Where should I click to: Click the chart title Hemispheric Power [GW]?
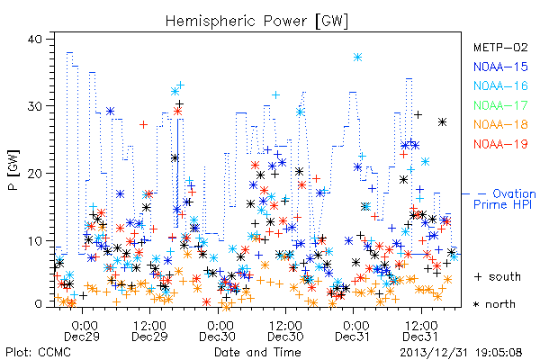tap(256, 22)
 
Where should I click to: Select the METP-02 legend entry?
tap(500, 47)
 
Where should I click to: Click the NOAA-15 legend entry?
tap(500, 67)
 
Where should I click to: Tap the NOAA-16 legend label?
tap(500, 85)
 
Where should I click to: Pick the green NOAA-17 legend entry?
tap(500, 105)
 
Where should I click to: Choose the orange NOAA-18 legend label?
tap(500, 124)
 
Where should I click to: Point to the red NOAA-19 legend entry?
tap(500, 144)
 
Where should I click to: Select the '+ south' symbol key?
tap(498, 276)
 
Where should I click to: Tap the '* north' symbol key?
tap(494, 304)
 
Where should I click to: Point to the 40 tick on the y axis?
tap(34, 39)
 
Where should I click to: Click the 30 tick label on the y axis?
tap(34, 106)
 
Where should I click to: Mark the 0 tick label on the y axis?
tap(38, 304)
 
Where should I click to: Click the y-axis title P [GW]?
tap(13, 170)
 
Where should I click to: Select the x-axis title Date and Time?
tap(257, 353)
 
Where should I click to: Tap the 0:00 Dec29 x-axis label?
tap(82, 331)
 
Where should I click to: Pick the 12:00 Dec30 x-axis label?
tap(285, 331)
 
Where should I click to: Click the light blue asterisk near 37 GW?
tap(358, 58)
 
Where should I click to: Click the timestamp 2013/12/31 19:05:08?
tap(461, 353)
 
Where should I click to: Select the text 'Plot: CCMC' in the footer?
tap(38, 353)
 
